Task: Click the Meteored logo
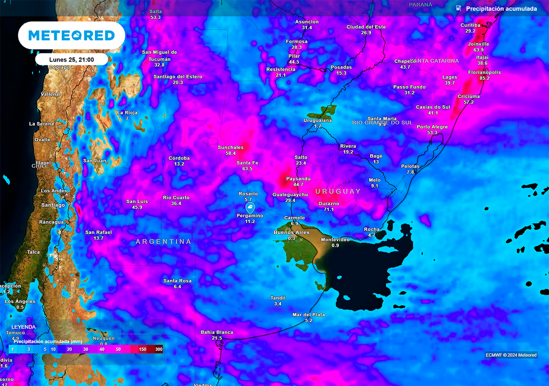tap(71, 36)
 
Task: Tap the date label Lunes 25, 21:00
tap(71, 60)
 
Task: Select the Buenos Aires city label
tap(292, 232)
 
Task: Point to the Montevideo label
tap(335, 240)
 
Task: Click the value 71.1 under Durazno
tap(329, 210)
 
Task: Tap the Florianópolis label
tap(484, 72)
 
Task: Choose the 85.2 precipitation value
tap(484, 78)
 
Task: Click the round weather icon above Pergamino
tap(250, 207)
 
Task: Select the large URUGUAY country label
tap(338, 191)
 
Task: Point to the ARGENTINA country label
tap(164, 242)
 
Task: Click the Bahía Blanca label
tap(217, 332)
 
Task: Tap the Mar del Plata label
tap(308, 315)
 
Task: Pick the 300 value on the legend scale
tap(159, 349)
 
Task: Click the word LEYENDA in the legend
tap(24, 327)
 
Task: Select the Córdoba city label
tap(179, 158)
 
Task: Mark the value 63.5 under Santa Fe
tap(247, 169)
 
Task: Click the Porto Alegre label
tap(432, 127)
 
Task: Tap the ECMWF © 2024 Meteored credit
tap(511, 355)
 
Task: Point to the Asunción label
tap(307, 22)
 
